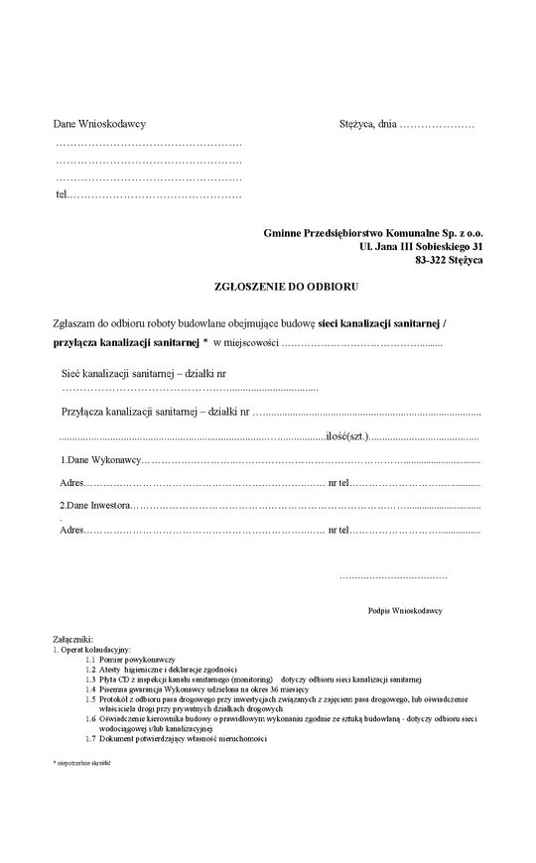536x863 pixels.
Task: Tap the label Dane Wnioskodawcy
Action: tap(99, 125)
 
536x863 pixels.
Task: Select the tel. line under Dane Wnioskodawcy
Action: tap(149, 194)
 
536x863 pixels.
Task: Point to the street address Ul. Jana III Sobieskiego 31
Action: tap(422, 245)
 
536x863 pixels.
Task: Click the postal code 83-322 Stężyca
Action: tap(449, 259)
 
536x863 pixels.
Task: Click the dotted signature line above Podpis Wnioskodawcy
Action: tap(393, 575)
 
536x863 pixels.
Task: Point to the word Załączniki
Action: tap(72, 641)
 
